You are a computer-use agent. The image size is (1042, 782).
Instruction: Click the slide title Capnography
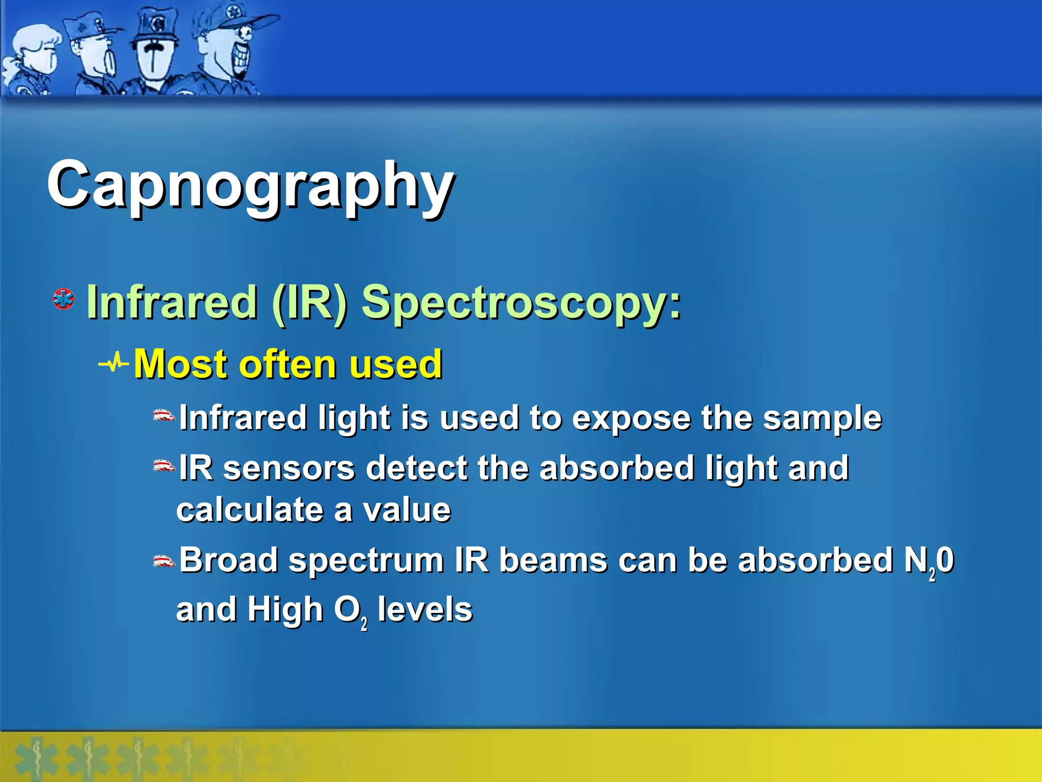(250, 186)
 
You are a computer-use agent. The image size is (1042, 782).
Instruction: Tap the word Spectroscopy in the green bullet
(521, 303)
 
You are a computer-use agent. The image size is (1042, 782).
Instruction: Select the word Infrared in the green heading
(171, 303)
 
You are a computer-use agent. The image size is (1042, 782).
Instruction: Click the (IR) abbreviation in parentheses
(310, 303)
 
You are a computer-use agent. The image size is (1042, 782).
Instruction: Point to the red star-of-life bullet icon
(64, 299)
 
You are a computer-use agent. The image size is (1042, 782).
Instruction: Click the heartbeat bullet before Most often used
(114, 364)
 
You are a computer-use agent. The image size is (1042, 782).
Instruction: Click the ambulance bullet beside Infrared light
(164, 416)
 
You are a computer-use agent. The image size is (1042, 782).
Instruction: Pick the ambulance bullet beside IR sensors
(164, 466)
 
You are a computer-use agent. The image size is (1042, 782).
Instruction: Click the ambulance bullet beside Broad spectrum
(164, 561)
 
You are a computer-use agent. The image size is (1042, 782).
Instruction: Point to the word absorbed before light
(617, 468)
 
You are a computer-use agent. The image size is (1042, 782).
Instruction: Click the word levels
(425, 609)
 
